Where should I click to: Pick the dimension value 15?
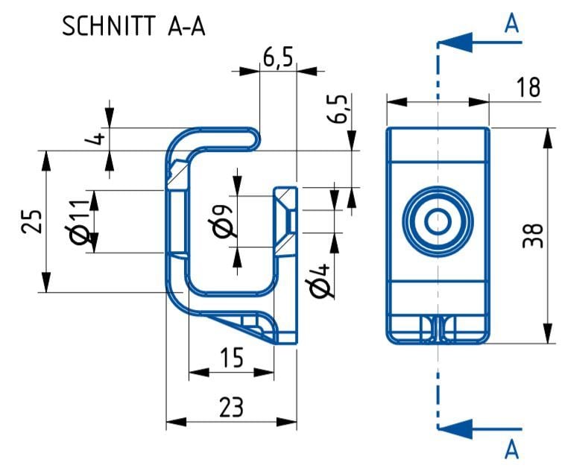point(232,358)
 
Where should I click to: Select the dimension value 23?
point(232,407)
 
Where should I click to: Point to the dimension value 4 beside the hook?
point(95,139)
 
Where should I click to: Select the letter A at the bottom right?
point(511,449)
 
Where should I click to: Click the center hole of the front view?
point(438,221)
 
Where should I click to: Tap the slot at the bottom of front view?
point(438,329)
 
